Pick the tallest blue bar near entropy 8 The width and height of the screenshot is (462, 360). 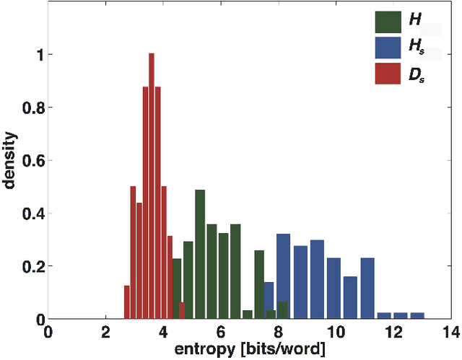(x=283, y=276)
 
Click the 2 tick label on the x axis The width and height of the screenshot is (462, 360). (x=106, y=334)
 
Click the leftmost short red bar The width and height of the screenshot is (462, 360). (x=126, y=302)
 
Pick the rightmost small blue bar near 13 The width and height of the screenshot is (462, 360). (x=417, y=316)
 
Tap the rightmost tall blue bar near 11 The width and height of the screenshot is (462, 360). (x=367, y=289)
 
